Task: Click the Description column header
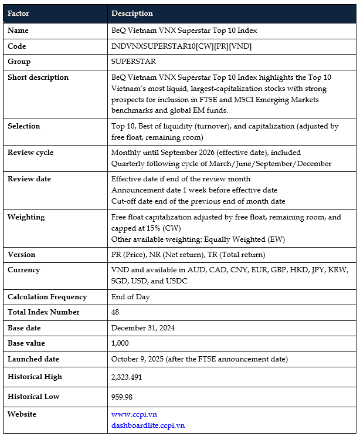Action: coord(132,13)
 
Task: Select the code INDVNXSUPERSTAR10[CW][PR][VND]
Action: coord(181,46)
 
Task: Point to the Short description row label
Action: coord(38,77)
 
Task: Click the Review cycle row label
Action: coord(30,152)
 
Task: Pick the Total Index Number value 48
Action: coord(115,312)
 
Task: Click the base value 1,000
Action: coord(120,343)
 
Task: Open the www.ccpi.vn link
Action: coord(134,414)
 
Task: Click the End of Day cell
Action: coord(131,296)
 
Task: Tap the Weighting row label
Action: coord(26,217)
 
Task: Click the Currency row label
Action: coord(23,270)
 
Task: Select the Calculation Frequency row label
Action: coord(47,296)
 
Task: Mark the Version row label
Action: coord(21,254)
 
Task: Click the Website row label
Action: coord(22,414)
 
